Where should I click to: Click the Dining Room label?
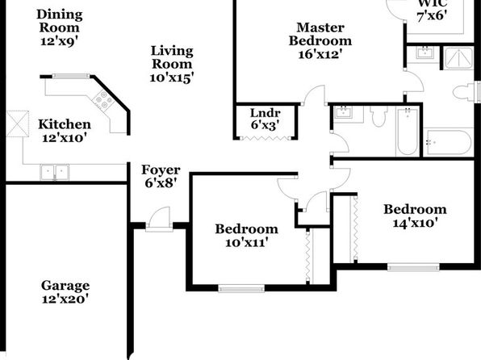pyautogui.click(x=60, y=21)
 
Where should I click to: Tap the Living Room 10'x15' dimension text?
pyautogui.click(x=172, y=77)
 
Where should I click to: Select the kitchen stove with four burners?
pyautogui.click(x=102, y=100)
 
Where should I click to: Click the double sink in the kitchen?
pyautogui.click(x=55, y=172)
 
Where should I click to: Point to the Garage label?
pyautogui.click(x=65, y=286)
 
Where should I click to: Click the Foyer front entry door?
pyautogui.click(x=159, y=219)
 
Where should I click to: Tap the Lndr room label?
pyautogui.click(x=265, y=113)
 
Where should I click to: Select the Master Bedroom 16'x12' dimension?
pyautogui.click(x=320, y=54)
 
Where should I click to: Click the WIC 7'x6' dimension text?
pyautogui.click(x=432, y=15)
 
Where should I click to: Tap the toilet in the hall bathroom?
pyautogui.click(x=379, y=116)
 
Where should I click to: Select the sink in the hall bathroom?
pyautogui.click(x=344, y=113)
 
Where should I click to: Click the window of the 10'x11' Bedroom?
pyautogui.click(x=241, y=288)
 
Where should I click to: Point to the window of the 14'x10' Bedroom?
pyautogui.click(x=413, y=267)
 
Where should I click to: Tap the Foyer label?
pyautogui.click(x=161, y=170)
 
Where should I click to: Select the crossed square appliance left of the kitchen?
pyautogui.click(x=18, y=123)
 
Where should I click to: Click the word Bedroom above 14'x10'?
pyautogui.click(x=415, y=209)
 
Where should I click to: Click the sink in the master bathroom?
pyautogui.click(x=425, y=52)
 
